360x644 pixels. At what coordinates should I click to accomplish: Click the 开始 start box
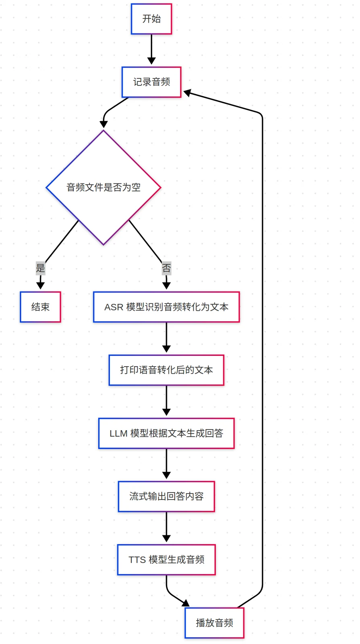pyautogui.click(x=151, y=19)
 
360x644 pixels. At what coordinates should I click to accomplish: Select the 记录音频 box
pyautogui.click(x=151, y=82)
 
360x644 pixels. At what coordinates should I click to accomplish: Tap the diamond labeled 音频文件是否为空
pyautogui.click(x=103, y=188)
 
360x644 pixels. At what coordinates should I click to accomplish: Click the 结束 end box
pyautogui.click(x=41, y=307)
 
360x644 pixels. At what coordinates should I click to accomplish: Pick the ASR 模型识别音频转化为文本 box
pyautogui.click(x=166, y=307)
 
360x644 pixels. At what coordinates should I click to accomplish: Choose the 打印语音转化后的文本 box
pyautogui.click(x=166, y=370)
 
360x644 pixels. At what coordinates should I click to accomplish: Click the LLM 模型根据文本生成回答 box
pyautogui.click(x=166, y=433)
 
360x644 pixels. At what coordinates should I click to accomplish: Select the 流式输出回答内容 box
pyautogui.click(x=166, y=497)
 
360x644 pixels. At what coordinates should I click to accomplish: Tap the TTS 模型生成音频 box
pyautogui.click(x=166, y=560)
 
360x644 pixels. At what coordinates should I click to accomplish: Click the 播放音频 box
pyautogui.click(x=215, y=623)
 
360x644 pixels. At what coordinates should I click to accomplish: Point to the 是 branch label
pyautogui.click(x=41, y=268)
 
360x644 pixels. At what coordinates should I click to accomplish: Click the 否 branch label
pyautogui.click(x=166, y=268)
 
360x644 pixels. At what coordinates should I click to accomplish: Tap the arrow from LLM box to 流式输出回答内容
pyautogui.click(x=166, y=464)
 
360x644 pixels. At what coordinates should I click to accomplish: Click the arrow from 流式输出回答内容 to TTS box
pyautogui.click(x=166, y=527)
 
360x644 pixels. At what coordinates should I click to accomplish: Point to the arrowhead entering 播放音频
pyautogui.click(x=186, y=603)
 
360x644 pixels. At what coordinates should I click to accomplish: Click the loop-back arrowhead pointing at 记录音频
pyautogui.click(x=187, y=93)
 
